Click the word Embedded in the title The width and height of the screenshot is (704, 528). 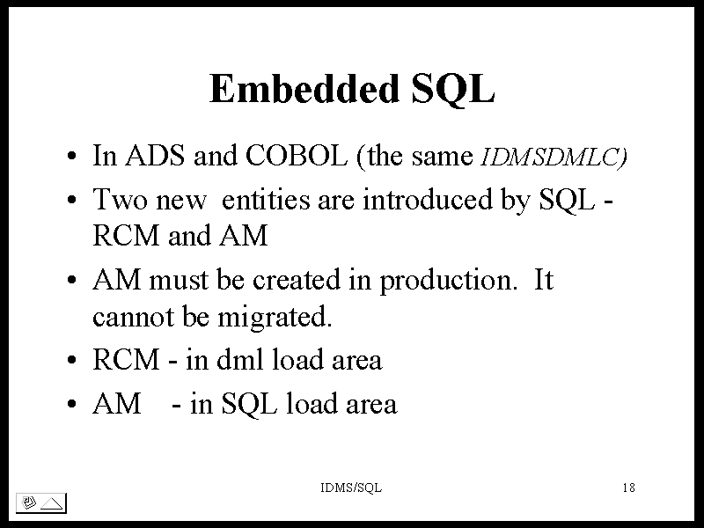(304, 88)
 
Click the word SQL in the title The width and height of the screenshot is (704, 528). (453, 90)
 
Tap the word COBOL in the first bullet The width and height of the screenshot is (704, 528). (297, 156)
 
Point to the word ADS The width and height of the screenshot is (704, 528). (155, 156)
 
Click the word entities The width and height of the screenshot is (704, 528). (266, 199)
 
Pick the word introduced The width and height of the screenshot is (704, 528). (428, 199)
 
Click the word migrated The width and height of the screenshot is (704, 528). (275, 318)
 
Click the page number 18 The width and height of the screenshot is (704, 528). (628, 488)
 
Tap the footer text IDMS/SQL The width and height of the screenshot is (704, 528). (351, 488)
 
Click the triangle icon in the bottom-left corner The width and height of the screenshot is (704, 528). (52, 503)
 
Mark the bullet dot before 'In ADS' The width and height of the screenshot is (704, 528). (71, 157)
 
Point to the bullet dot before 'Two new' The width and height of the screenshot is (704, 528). (71, 200)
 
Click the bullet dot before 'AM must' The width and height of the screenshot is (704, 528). (71, 280)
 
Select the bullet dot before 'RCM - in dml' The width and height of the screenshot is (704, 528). (71, 360)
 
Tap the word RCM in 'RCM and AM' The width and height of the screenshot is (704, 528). (126, 235)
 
